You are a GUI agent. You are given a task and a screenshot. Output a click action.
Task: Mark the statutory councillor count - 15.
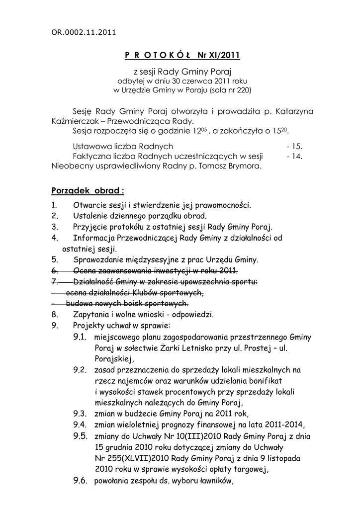coord(294,147)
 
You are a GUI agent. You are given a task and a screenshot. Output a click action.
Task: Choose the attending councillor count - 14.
coord(294,156)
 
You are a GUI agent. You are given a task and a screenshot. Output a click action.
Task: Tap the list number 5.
coord(54,259)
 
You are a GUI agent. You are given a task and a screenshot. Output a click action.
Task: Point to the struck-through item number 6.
coord(54,270)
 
